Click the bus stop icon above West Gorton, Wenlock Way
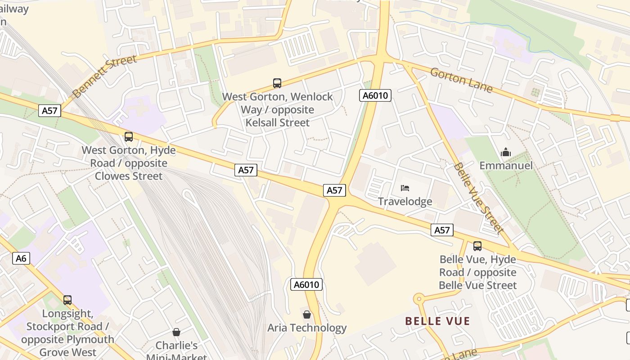coord(277,83)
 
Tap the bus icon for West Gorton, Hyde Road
coord(129,137)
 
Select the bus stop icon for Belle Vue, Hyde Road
coord(477,246)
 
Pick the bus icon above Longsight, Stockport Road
coord(67,300)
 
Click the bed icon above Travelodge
coord(405,188)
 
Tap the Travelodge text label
coord(405,201)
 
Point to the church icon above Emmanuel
coord(506,152)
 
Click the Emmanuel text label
coord(506,166)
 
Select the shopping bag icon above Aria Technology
coord(307,314)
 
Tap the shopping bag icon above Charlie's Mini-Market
coord(176,332)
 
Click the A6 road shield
coord(21,258)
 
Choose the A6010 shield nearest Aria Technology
coord(306,284)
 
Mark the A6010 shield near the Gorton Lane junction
coord(375,95)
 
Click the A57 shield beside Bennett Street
coord(49,111)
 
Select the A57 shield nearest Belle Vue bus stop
coord(441,230)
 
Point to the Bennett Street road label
coord(104,76)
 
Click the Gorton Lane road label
coord(461,80)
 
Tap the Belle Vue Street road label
coord(478,198)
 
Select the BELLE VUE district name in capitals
coord(437,321)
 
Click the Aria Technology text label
coord(307,328)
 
